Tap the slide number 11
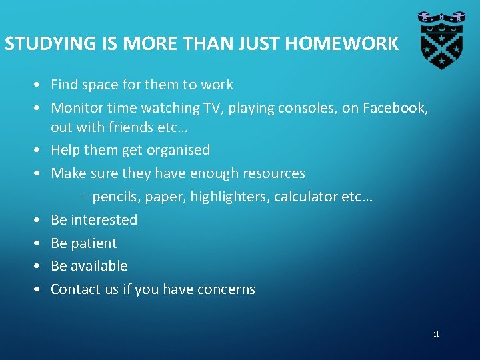coord(436,334)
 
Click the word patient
coord(93,243)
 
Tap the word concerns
coord(226,289)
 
